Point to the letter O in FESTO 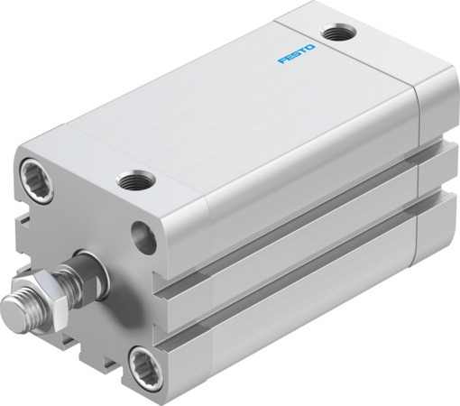(x=312, y=45)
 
